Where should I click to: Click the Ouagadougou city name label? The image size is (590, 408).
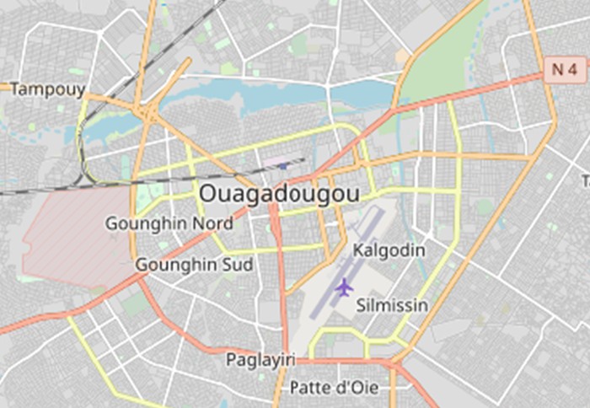[279, 193]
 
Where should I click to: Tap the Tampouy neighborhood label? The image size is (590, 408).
[47, 89]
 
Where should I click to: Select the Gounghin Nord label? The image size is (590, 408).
[169, 223]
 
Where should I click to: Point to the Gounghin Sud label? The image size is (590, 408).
[194, 265]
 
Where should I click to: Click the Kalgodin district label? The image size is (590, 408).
[389, 250]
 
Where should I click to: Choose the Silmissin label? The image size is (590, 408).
[392, 304]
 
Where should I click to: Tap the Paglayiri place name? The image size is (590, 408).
[260, 360]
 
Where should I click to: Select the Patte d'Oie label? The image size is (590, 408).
[333, 388]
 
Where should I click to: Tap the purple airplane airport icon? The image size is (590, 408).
[343, 287]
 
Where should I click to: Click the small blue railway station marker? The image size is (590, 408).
[283, 165]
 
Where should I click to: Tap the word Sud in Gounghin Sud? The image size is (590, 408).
[237, 265]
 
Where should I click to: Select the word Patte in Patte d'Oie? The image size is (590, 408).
[308, 388]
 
